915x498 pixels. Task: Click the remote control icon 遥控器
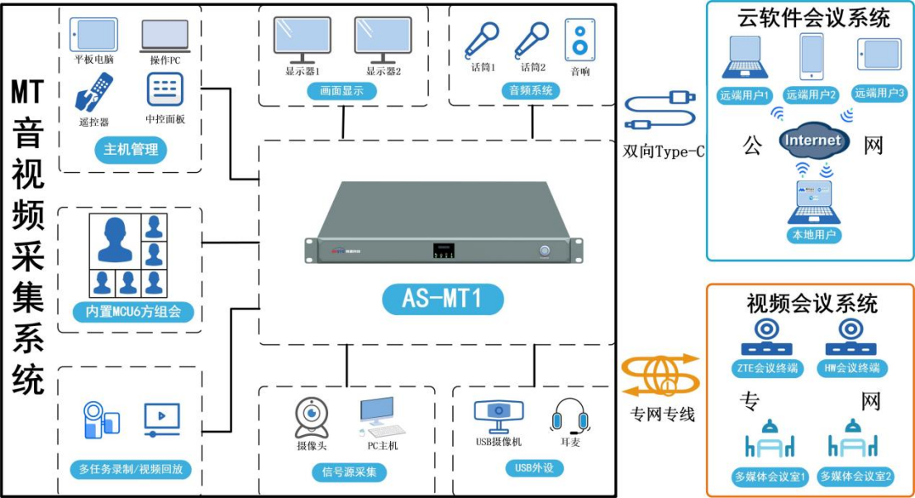click(93, 92)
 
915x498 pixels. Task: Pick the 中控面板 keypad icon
click(164, 89)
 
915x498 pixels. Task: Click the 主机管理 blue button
click(131, 150)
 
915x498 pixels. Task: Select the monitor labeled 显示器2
click(383, 39)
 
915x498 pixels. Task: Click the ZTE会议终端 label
click(769, 368)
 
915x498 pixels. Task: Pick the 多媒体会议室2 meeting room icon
click(855, 441)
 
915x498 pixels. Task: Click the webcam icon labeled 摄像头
click(312, 418)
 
